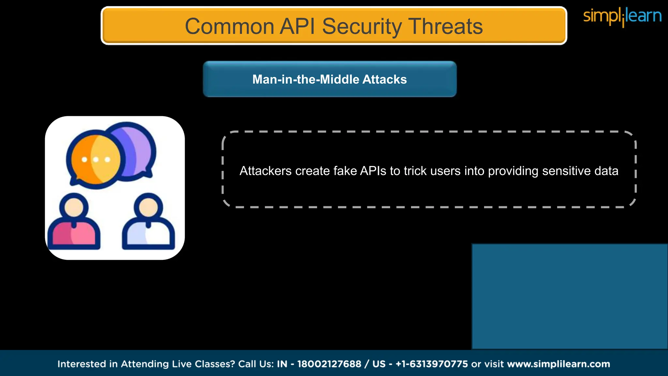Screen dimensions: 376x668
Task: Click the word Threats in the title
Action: tap(445, 26)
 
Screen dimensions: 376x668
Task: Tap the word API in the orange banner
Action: tap(297, 26)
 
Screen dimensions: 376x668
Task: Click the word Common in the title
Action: tap(229, 26)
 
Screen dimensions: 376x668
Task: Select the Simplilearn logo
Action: tap(622, 16)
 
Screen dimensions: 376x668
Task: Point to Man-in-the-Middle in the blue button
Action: tap(306, 79)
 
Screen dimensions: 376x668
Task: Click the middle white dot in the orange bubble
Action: tap(96, 160)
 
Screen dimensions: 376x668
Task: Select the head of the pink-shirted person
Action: tap(74, 207)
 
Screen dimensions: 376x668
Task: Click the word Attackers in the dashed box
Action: tap(266, 171)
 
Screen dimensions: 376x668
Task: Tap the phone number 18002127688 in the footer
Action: tap(329, 364)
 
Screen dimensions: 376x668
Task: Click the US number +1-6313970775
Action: tap(432, 364)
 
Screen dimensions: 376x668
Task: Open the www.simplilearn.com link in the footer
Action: tap(558, 364)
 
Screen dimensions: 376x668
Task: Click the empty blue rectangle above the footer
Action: tap(569, 296)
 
